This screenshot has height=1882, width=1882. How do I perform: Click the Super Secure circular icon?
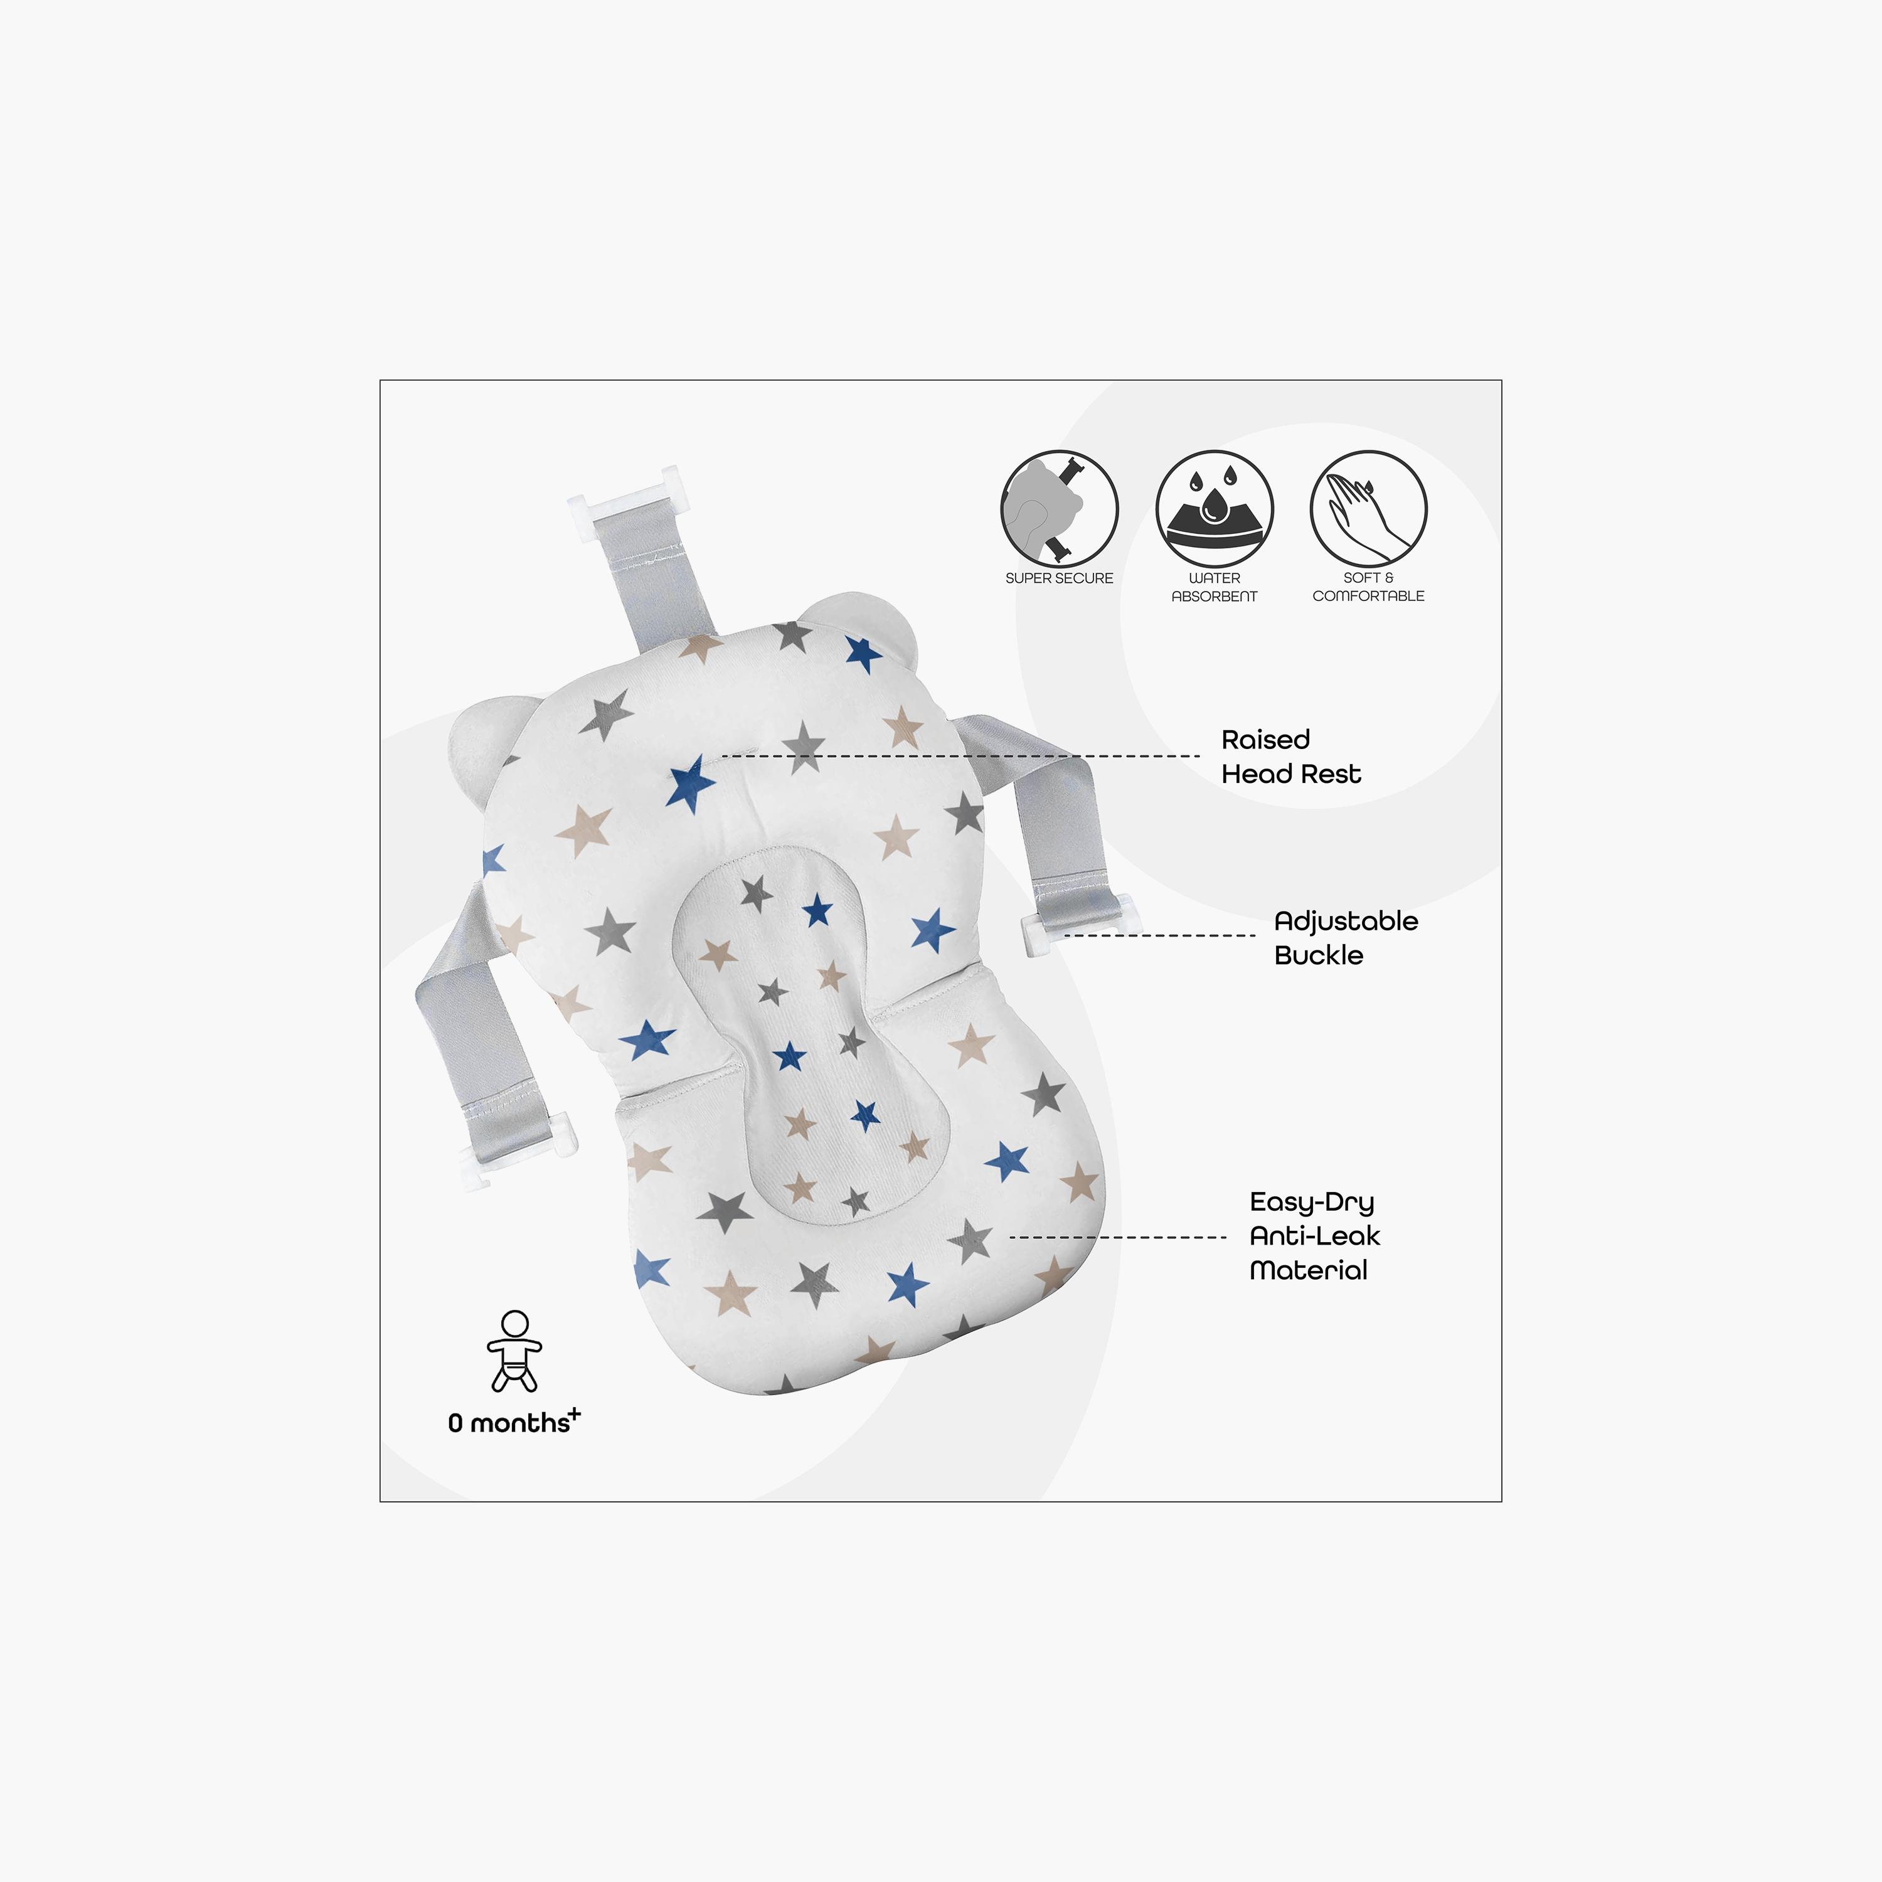pyautogui.click(x=1059, y=509)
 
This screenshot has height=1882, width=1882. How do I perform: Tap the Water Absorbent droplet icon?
pyautogui.click(x=1214, y=509)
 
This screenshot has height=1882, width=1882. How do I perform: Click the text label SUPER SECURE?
pyautogui.click(x=1059, y=578)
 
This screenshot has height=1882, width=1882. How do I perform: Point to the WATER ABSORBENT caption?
pyautogui.click(x=1214, y=587)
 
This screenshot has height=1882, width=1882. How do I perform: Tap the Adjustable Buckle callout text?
pyautogui.click(x=1345, y=938)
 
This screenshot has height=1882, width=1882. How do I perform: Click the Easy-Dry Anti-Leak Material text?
pyautogui.click(x=1315, y=1236)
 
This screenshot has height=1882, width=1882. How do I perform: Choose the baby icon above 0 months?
pyautogui.click(x=514, y=1351)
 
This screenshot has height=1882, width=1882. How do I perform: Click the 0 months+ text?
pyautogui.click(x=513, y=1422)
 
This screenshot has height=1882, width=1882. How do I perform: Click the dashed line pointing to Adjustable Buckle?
pyautogui.click(x=1159, y=935)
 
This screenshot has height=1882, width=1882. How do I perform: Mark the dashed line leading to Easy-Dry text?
pyautogui.click(x=1117, y=1237)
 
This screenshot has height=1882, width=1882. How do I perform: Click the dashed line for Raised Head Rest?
pyautogui.click(x=960, y=756)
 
